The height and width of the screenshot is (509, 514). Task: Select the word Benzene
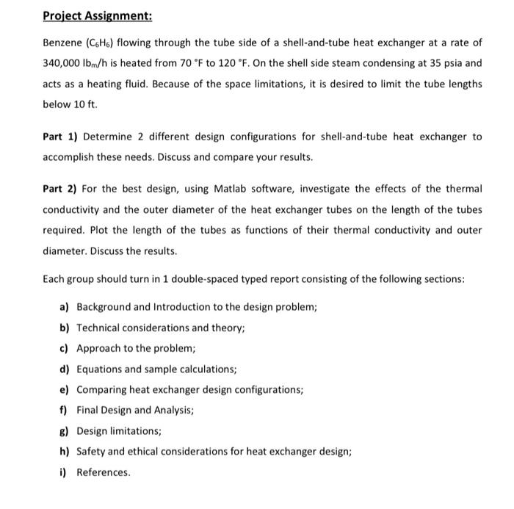[63, 43]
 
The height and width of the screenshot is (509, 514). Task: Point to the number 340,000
[65, 64]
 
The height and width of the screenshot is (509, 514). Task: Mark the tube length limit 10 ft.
[84, 105]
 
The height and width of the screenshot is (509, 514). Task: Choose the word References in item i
[104, 472]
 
